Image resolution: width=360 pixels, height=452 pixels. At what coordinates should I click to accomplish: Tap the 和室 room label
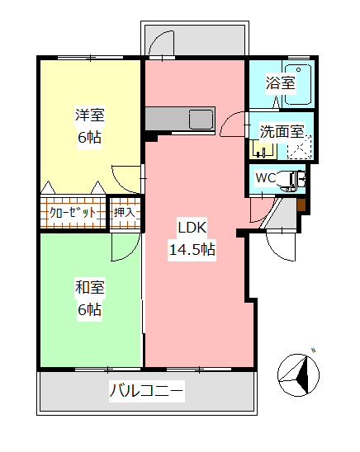click(x=89, y=288)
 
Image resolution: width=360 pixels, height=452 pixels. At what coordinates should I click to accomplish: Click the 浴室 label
click(x=280, y=82)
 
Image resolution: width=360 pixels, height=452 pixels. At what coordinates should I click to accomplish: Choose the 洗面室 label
click(x=282, y=131)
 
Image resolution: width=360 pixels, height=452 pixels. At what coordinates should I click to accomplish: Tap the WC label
click(x=266, y=178)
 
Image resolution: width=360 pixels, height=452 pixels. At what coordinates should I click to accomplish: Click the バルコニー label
click(x=147, y=390)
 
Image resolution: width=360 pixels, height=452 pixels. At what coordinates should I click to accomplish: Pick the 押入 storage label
click(x=126, y=213)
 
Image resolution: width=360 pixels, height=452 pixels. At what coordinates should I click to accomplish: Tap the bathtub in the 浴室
click(x=297, y=82)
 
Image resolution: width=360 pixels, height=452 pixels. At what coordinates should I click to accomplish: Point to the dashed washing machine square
click(x=299, y=148)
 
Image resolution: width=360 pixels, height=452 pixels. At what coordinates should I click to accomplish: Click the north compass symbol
click(x=299, y=374)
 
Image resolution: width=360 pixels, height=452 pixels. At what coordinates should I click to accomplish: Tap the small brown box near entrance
click(x=301, y=205)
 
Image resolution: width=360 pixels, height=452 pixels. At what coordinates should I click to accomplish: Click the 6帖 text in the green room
click(x=89, y=310)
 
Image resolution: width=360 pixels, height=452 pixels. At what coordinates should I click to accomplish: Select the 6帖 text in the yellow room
click(x=89, y=138)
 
